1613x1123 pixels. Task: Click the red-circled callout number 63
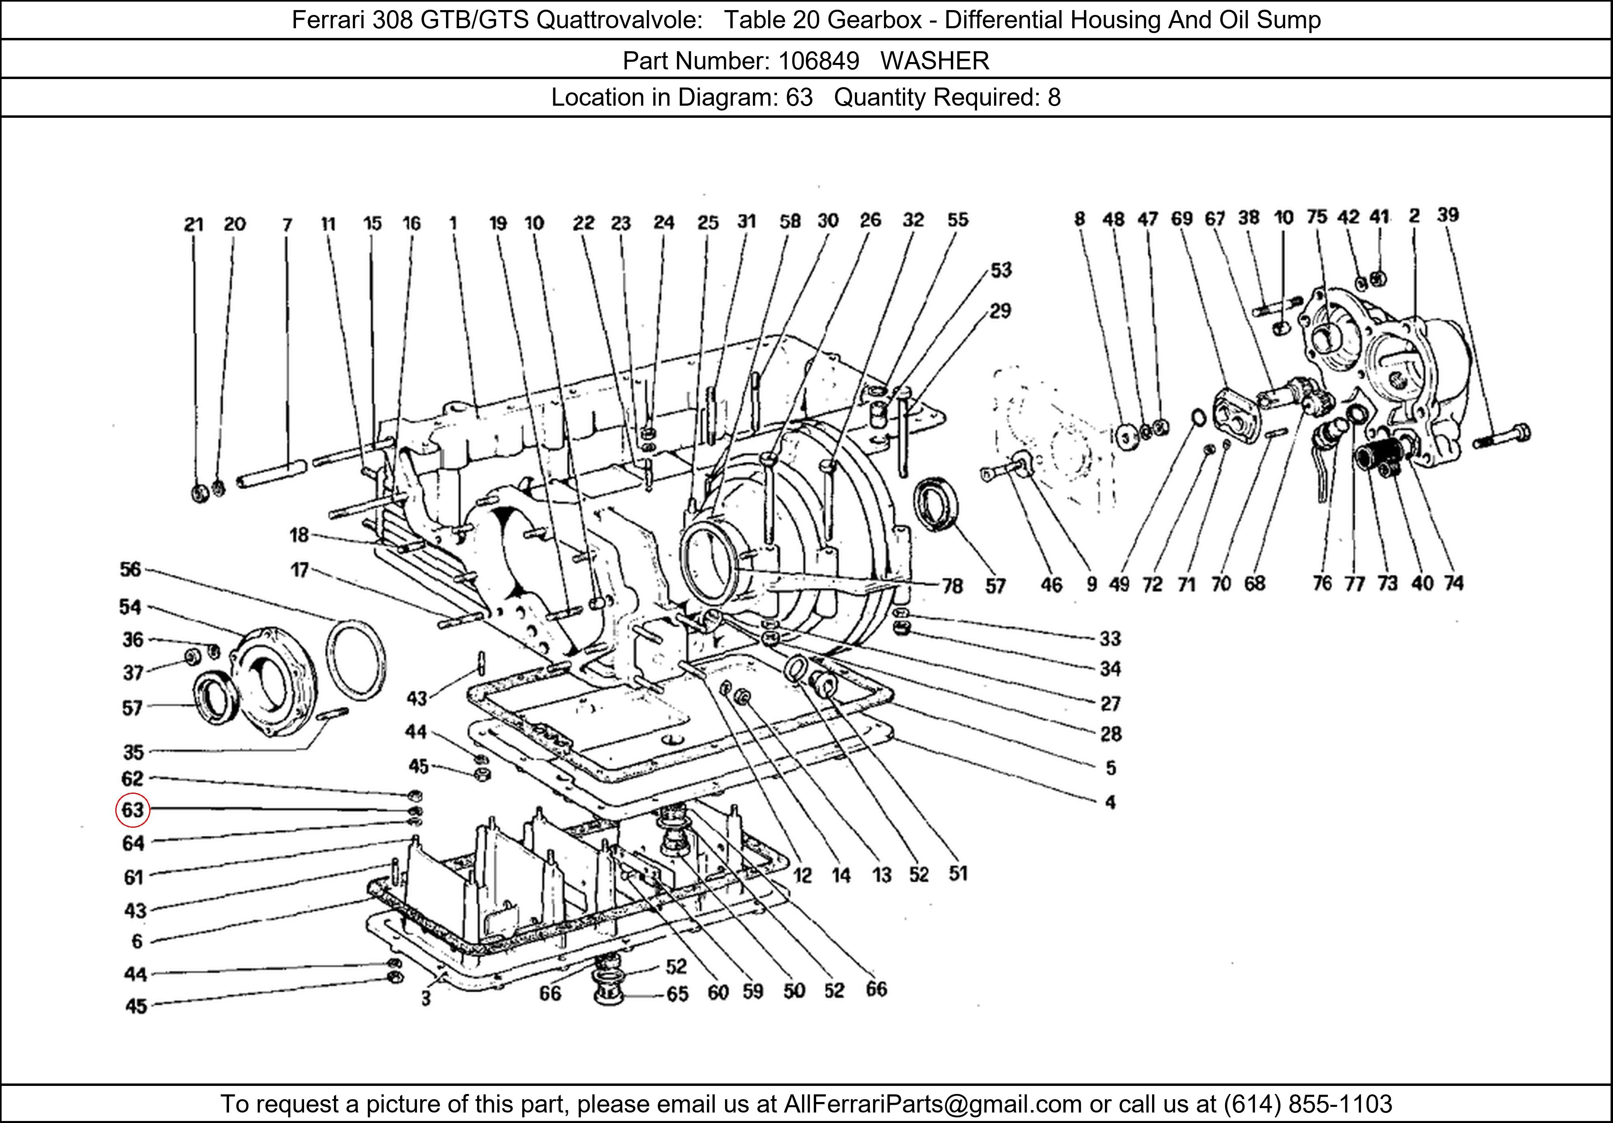(x=132, y=810)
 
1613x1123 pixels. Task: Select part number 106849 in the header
(x=819, y=61)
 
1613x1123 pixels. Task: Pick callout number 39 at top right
(x=1448, y=215)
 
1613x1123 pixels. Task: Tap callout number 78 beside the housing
(x=952, y=585)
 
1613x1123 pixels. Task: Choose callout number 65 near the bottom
(x=677, y=994)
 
